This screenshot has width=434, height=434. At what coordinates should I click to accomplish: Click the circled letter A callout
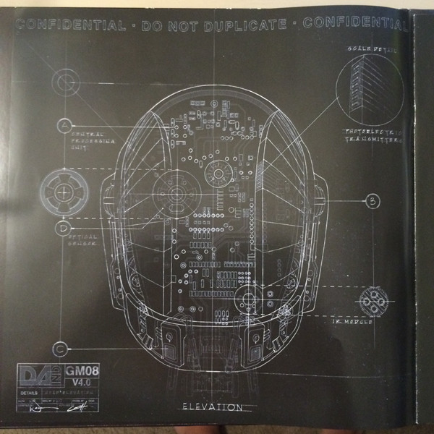[66, 125]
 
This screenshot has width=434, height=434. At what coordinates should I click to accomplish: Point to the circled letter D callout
[65, 228]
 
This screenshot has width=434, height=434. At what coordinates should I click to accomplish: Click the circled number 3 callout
[372, 202]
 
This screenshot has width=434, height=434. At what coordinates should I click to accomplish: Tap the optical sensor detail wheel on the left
[66, 191]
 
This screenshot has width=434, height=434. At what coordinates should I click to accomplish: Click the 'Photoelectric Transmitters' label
[374, 136]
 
